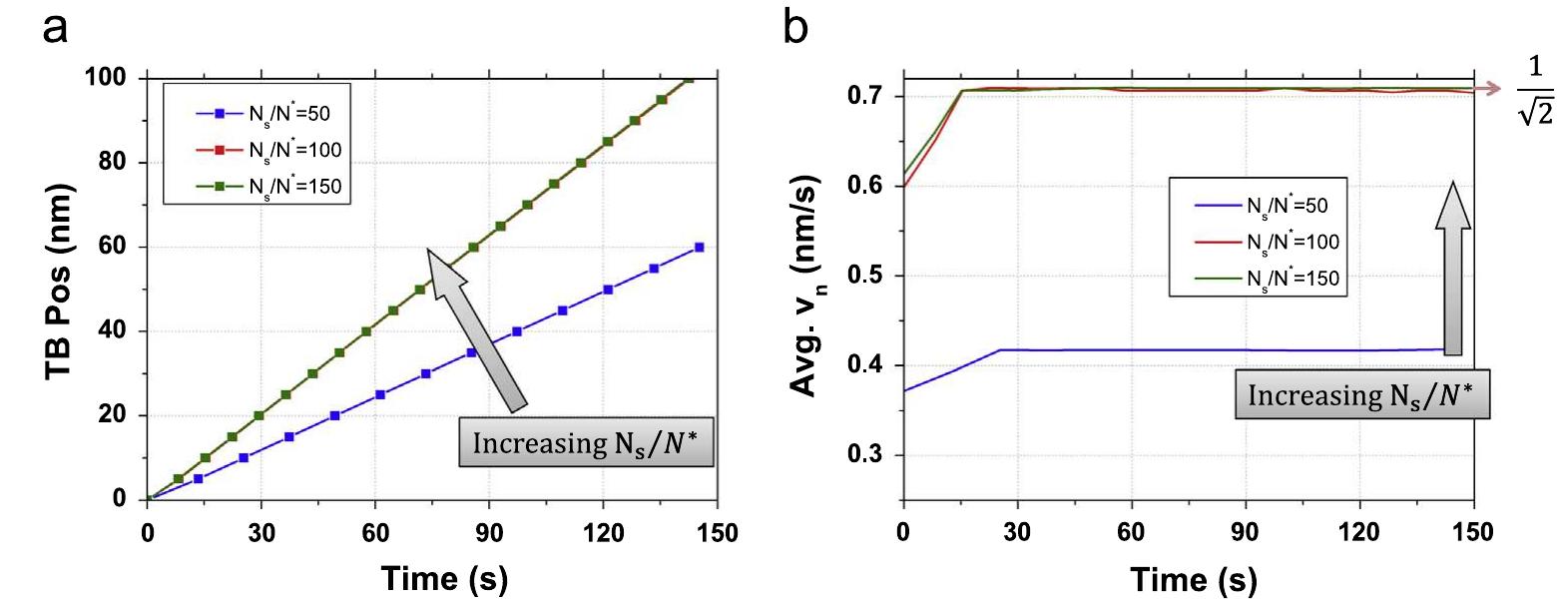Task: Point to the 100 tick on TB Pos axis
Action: click(x=118, y=79)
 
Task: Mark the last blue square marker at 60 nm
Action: click(x=699, y=247)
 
